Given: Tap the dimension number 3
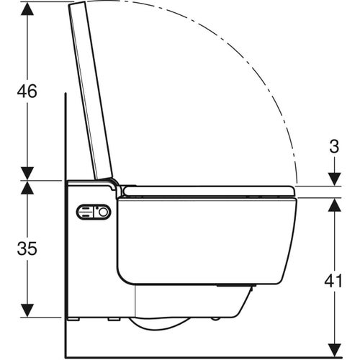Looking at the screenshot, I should coord(333,148).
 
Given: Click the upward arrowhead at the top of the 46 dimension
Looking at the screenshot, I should coord(27,9).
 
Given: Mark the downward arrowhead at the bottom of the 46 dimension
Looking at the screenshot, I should coord(27,173).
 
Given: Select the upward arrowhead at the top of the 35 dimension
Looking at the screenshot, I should coord(27,187).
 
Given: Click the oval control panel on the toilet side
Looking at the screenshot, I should coord(94,212).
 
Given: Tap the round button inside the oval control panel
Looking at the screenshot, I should coord(104,212).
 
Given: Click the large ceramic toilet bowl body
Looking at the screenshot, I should coord(205,238).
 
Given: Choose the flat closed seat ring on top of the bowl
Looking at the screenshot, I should coord(209,191).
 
